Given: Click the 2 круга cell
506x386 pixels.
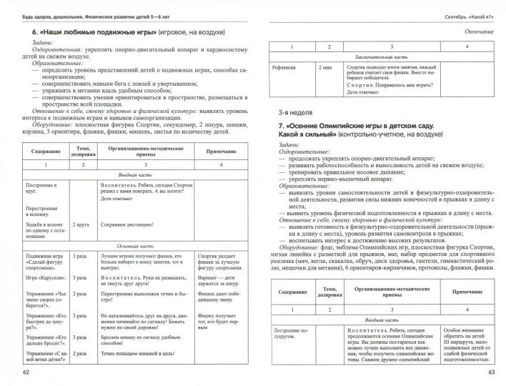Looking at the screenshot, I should (x=78, y=224).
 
